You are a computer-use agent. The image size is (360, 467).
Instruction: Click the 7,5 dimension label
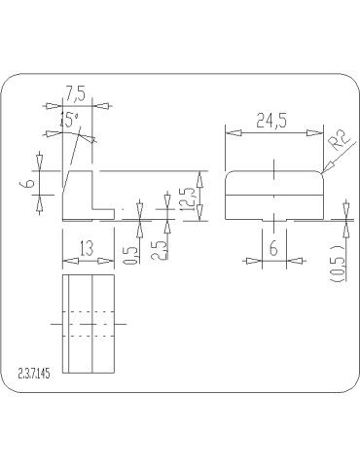coord(74,93)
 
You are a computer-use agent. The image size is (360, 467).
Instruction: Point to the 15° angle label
coord(68,120)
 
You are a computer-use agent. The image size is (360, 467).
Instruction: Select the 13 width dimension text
coord(87,248)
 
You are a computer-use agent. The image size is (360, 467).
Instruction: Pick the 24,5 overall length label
coord(272,122)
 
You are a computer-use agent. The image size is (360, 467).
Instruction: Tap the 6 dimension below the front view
coord(273,249)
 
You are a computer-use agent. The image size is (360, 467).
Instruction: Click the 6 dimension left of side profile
coord(30,181)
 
